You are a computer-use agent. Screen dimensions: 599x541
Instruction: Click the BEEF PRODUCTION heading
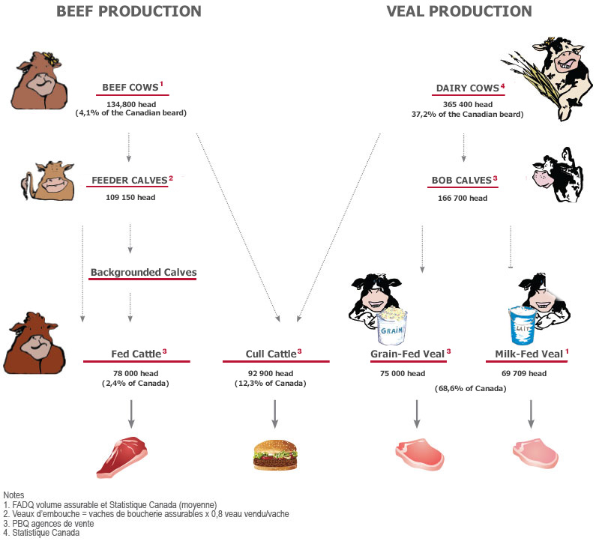[x=129, y=11]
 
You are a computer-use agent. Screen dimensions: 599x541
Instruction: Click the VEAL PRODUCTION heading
[x=459, y=11]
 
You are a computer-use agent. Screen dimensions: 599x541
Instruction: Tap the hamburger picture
[x=275, y=455]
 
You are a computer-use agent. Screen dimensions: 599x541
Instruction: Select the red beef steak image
[x=122, y=457]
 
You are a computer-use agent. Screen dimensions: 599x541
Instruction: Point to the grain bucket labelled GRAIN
[x=392, y=325]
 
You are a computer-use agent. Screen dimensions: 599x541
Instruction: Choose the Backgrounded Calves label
[x=144, y=272]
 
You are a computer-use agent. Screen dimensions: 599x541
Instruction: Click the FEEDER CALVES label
[x=130, y=180]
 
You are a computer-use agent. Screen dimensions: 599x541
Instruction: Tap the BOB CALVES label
[x=462, y=180]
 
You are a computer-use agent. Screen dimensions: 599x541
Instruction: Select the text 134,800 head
[x=131, y=104]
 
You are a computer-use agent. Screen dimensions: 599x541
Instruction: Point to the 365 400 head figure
[x=468, y=104]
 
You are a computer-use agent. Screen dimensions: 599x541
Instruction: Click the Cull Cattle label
[x=271, y=354]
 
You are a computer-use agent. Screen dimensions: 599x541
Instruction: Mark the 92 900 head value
[x=271, y=373]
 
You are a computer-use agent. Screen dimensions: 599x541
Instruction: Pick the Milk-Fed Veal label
[x=529, y=354]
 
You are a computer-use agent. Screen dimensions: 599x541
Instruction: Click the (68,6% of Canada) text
[x=470, y=389]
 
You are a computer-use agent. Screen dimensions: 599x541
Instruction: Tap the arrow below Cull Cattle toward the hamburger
[x=274, y=414]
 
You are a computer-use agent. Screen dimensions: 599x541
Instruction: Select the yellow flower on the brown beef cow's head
[x=51, y=58]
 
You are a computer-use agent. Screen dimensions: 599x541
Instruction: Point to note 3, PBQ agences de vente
[x=49, y=524]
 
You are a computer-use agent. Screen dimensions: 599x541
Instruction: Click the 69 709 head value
[x=524, y=373]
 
